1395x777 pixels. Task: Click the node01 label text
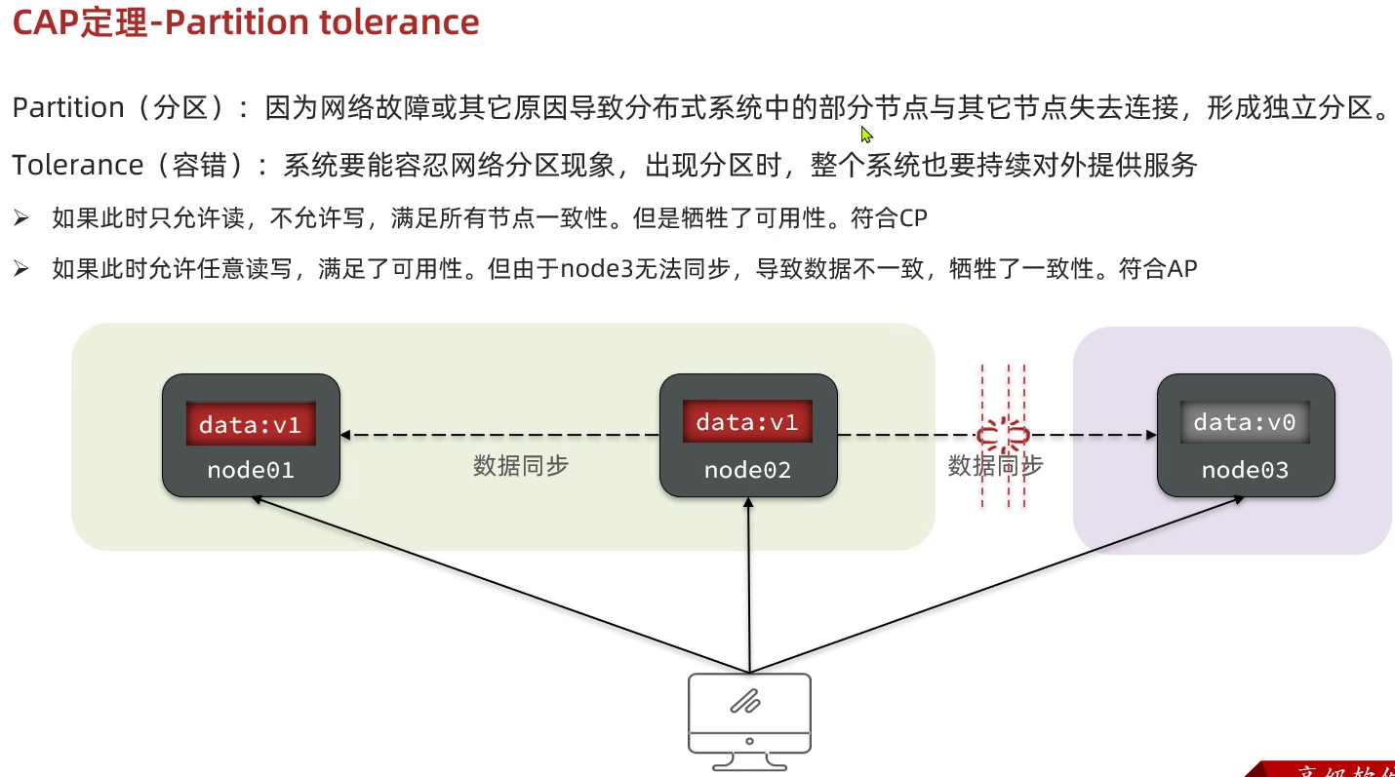coord(251,471)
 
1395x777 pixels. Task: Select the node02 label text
coord(747,471)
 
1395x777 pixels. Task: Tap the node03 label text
coord(1245,471)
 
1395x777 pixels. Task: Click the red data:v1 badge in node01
coord(251,424)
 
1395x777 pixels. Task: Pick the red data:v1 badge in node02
coord(747,422)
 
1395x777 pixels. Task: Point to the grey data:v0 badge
coord(1245,422)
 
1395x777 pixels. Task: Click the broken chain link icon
coord(1003,434)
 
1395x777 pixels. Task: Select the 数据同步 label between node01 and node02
coord(521,466)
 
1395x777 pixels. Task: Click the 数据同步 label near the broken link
coord(995,466)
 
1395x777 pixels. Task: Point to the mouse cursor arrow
coord(866,135)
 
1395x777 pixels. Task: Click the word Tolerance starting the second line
coord(78,165)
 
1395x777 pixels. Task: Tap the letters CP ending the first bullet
coord(913,218)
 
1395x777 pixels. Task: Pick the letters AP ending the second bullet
coord(1182,268)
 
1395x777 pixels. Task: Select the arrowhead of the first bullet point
coord(21,218)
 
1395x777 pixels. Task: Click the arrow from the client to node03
coord(995,585)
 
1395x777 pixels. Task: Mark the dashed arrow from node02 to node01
coord(502,435)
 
